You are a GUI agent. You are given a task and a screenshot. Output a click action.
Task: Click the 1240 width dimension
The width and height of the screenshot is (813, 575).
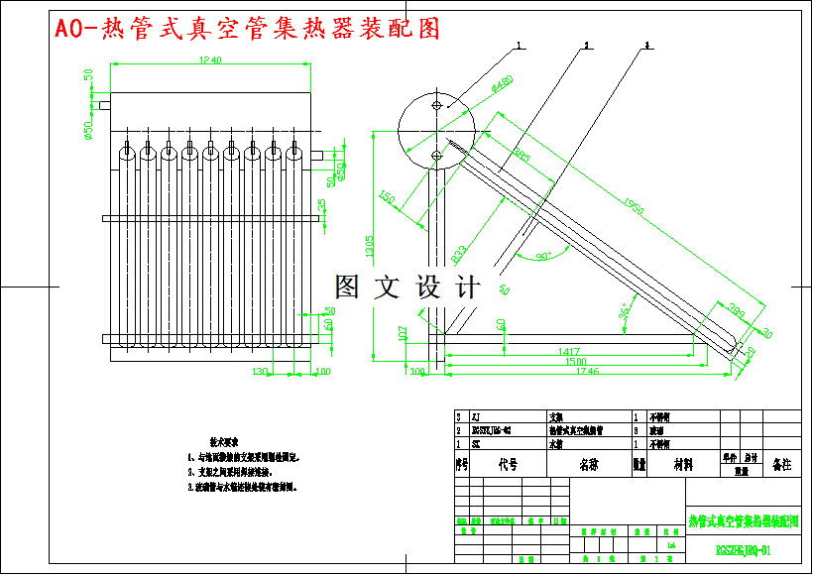(209, 61)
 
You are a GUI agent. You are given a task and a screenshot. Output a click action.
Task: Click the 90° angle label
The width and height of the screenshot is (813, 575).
(543, 257)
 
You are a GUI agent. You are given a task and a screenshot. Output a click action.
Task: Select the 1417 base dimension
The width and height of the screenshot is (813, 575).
(568, 352)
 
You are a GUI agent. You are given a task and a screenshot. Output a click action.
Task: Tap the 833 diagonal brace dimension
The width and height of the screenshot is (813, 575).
(460, 254)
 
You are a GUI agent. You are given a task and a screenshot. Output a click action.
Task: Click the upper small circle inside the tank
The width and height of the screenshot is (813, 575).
(437, 103)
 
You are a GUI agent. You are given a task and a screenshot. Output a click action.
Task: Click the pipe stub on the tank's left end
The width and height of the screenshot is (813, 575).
(103, 102)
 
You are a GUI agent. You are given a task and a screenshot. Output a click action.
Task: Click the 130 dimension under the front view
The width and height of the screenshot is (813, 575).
(260, 371)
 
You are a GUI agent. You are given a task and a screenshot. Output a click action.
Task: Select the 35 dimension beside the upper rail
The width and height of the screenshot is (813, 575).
(321, 204)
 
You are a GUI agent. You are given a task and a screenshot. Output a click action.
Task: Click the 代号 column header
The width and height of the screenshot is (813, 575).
(508, 463)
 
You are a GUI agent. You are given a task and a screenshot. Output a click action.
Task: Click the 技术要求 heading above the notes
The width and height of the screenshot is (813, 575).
(223, 438)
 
